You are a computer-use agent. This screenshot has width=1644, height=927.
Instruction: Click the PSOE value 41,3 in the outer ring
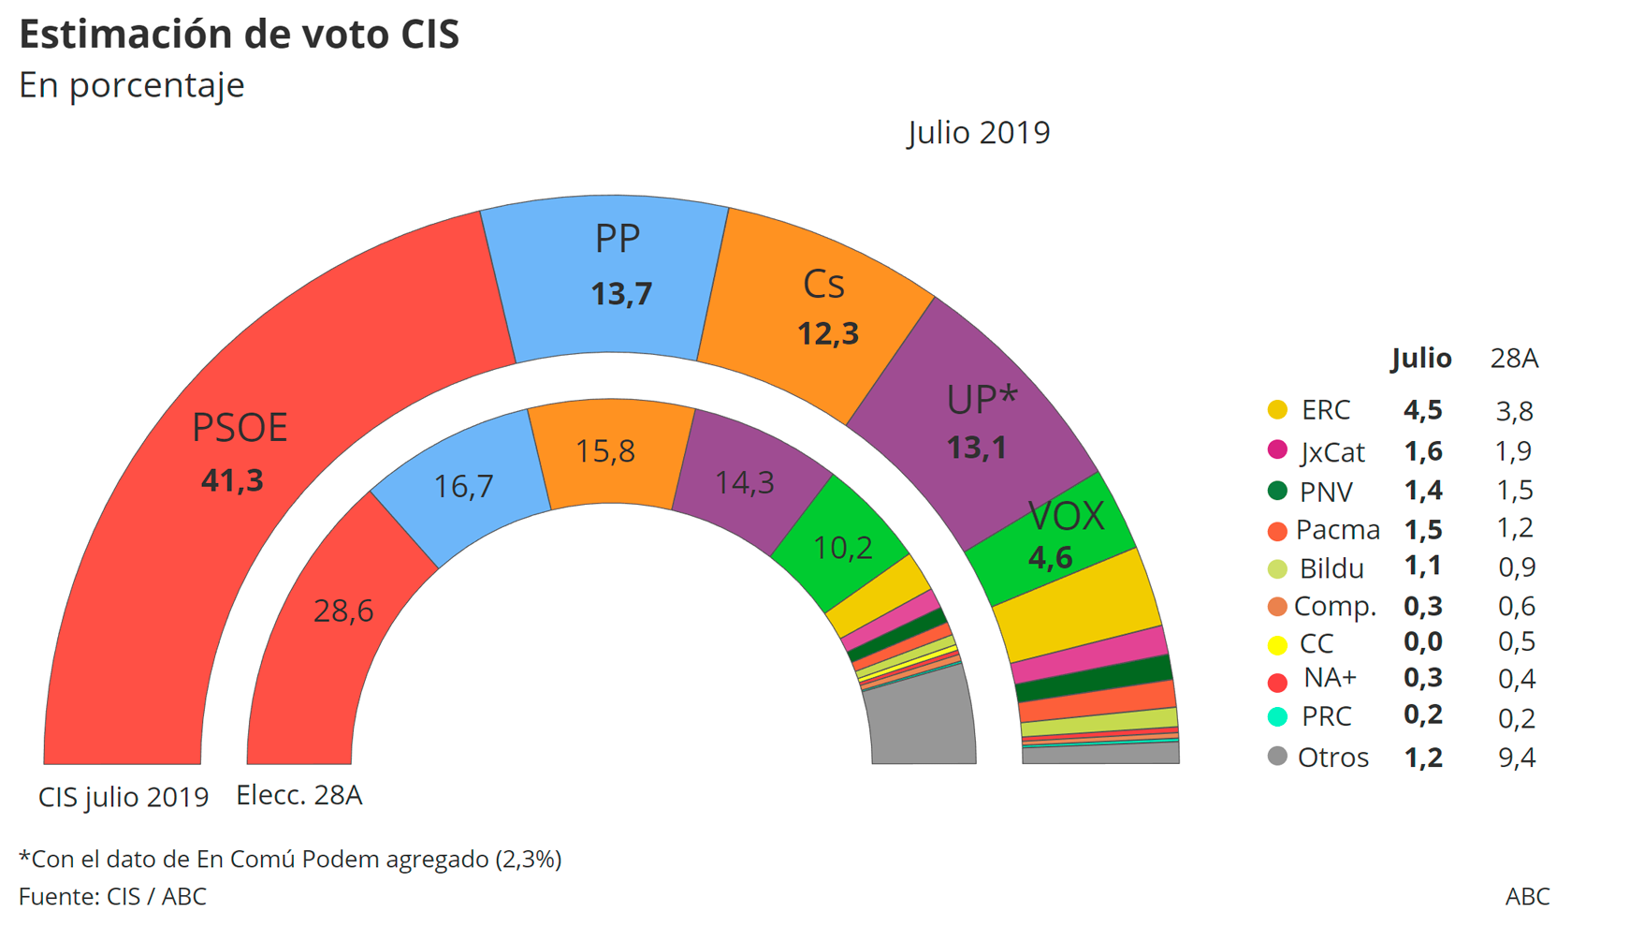pyautogui.click(x=232, y=480)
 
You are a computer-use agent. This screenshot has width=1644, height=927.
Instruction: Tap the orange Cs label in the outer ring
pyautogui.click(x=823, y=285)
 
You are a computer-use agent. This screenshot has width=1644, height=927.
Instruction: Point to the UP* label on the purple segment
pyautogui.click(x=981, y=400)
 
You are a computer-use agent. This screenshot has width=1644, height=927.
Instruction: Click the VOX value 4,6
pyautogui.click(x=1050, y=558)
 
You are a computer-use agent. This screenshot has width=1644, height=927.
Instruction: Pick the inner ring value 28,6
pyautogui.click(x=342, y=611)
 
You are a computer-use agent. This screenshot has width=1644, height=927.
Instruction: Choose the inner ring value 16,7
pyautogui.click(x=463, y=486)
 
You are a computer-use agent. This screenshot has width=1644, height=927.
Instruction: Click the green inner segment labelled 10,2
pyautogui.click(x=842, y=548)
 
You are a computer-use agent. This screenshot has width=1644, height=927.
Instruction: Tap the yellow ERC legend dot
pyautogui.click(x=1277, y=409)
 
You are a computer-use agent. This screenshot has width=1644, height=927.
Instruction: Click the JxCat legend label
pyautogui.click(x=1332, y=451)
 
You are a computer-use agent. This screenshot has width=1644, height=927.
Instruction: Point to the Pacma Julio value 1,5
pyautogui.click(x=1422, y=529)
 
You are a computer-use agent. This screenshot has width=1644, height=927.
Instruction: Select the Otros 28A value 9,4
pyautogui.click(x=1516, y=757)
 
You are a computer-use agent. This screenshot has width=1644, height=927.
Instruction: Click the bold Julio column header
pyautogui.click(x=1420, y=358)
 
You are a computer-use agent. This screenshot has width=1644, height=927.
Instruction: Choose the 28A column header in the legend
pyautogui.click(x=1514, y=358)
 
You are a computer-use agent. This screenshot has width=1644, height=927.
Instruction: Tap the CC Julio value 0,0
pyautogui.click(x=1422, y=642)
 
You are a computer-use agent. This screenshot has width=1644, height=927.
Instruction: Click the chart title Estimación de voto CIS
pyautogui.click(x=240, y=35)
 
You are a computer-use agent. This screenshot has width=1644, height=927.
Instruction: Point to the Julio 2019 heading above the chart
pyautogui.click(x=979, y=132)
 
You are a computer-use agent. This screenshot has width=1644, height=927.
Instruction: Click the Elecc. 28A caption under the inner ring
pyautogui.click(x=298, y=795)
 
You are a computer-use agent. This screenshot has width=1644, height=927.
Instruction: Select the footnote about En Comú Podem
pyautogui.click(x=290, y=859)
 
